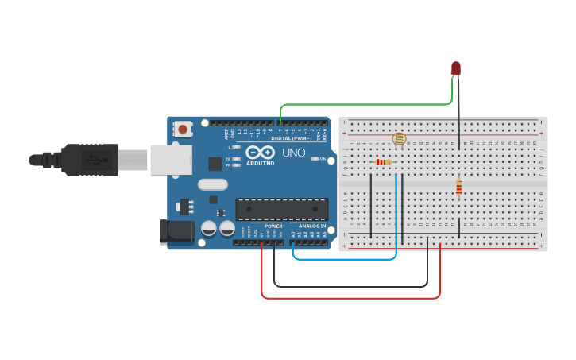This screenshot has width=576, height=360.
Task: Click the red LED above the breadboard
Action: click(455, 68)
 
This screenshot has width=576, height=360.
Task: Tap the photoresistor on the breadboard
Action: click(399, 139)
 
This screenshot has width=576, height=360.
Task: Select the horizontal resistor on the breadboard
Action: click(383, 162)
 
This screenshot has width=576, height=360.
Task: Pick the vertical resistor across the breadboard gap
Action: click(458, 187)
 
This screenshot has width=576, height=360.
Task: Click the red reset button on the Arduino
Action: click(184, 129)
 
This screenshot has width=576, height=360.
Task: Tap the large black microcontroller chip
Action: click(281, 209)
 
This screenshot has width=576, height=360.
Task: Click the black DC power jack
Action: click(176, 231)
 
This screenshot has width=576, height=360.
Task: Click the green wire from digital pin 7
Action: click(365, 104)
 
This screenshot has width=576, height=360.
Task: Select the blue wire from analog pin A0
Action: click(346, 258)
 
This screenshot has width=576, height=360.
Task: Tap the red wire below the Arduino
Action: click(350, 298)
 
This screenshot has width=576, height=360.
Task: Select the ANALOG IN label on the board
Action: click(312, 226)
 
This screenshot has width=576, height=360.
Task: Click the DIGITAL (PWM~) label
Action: click(292, 137)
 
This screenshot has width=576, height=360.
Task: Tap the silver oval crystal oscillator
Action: click(213, 184)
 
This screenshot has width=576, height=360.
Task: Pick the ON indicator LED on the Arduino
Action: click(316, 159)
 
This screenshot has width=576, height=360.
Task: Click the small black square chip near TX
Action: click(215, 164)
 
